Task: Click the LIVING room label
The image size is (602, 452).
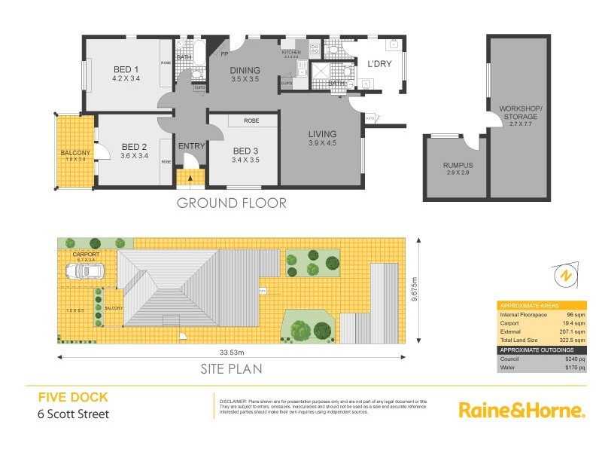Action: coord(322,135)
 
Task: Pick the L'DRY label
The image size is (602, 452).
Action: coord(379,64)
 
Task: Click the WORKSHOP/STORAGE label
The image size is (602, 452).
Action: coord(519,113)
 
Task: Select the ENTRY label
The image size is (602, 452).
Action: coord(191,146)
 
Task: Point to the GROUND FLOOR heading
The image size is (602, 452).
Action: coord(231,203)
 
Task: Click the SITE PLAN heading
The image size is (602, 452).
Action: coord(231,369)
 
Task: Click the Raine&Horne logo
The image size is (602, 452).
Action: coord(521,410)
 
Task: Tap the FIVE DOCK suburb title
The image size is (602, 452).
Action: coord(73,397)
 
